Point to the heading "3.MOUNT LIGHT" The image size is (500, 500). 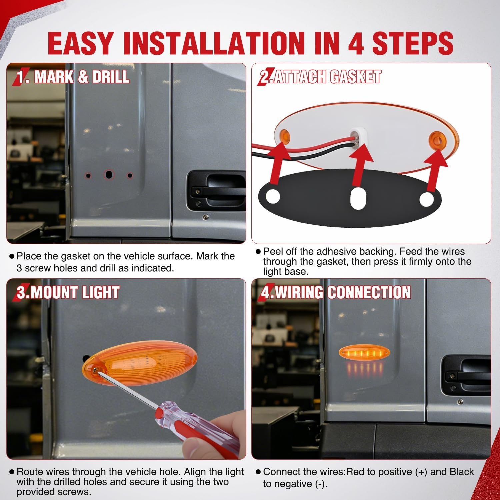[x=68, y=292]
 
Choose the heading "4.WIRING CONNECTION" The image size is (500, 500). [x=336, y=292]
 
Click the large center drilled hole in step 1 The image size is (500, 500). [x=109, y=174]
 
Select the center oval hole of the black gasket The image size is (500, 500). [x=358, y=198]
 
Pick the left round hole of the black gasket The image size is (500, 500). [x=273, y=196]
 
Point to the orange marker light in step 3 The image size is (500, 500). [x=140, y=366]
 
